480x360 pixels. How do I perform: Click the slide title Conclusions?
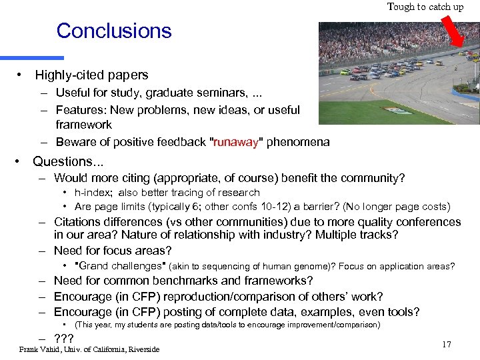114,31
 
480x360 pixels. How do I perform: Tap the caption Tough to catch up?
425,7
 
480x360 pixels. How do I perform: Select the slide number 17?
446,344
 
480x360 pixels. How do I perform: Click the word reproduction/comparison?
237,297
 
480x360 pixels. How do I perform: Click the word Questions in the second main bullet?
63,161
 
